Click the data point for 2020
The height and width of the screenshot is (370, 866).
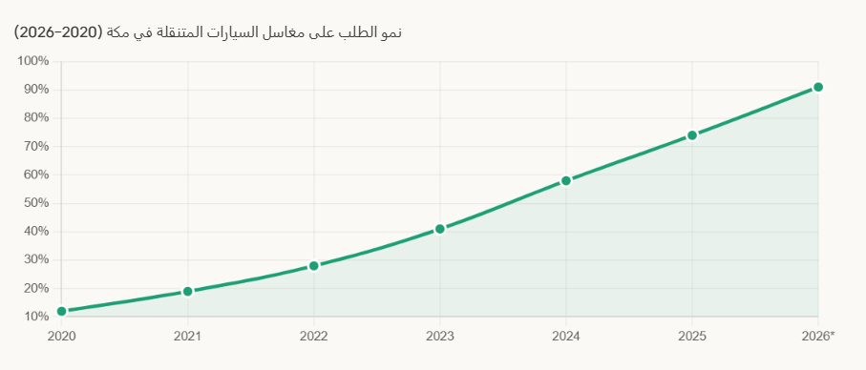[x=61, y=311]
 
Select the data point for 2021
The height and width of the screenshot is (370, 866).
[x=187, y=291]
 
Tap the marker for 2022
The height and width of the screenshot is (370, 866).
[x=313, y=266]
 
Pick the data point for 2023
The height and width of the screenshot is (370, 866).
[x=439, y=229]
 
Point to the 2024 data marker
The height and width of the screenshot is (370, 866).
[x=566, y=180]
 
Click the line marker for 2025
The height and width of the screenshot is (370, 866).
[x=692, y=135]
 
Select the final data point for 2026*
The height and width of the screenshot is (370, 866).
[x=818, y=87]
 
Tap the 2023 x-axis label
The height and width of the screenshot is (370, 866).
[x=439, y=335]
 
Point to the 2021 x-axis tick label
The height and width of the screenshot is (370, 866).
[x=187, y=335]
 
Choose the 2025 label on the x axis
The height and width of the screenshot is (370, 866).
[x=692, y=335]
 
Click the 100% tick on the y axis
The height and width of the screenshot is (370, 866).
[x=33, y=62]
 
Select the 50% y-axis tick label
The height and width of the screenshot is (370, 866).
[x=36, y=203]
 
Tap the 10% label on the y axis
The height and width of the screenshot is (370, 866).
[x=36, y=317]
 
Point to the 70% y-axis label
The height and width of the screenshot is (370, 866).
[x=36, y=147]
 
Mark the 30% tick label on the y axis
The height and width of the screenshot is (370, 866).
[x=36, y=260]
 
